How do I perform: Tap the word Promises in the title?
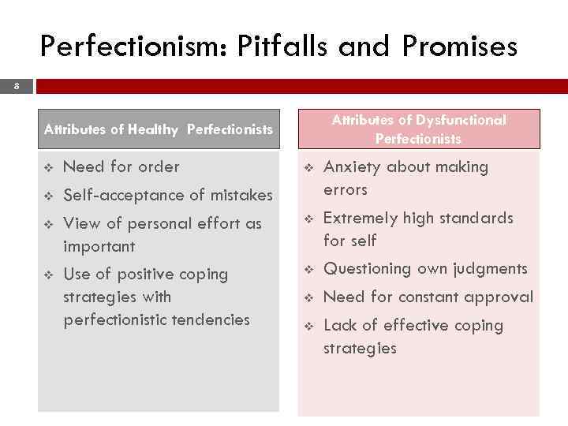(459, 47)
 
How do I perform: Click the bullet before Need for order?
(47, 167)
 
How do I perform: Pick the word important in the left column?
(99, 247)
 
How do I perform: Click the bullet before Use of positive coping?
(47, 275)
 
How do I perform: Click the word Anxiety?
(353, 167)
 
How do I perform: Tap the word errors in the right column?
(346, 190)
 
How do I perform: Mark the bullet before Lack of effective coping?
(308, 326)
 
